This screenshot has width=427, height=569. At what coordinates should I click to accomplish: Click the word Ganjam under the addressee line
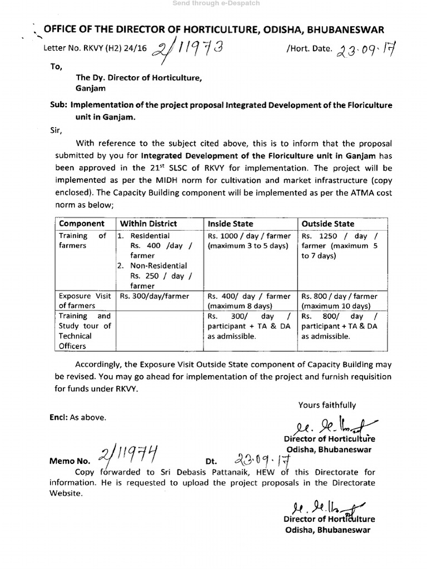coord(91,88)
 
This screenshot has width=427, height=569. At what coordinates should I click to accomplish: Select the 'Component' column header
coord(82,223)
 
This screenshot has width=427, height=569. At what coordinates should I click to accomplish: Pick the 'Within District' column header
coord(148,223)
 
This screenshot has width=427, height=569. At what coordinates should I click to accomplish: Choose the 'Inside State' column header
coord(230,223)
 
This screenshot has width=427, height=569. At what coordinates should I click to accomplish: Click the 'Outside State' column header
coord(327,223)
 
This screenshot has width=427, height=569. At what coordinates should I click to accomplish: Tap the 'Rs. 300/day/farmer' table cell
coord(154,296)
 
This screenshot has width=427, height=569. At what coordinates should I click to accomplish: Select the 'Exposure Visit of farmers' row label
coord(85,301)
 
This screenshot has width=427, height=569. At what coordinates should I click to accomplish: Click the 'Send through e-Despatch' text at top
coord(213,3)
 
